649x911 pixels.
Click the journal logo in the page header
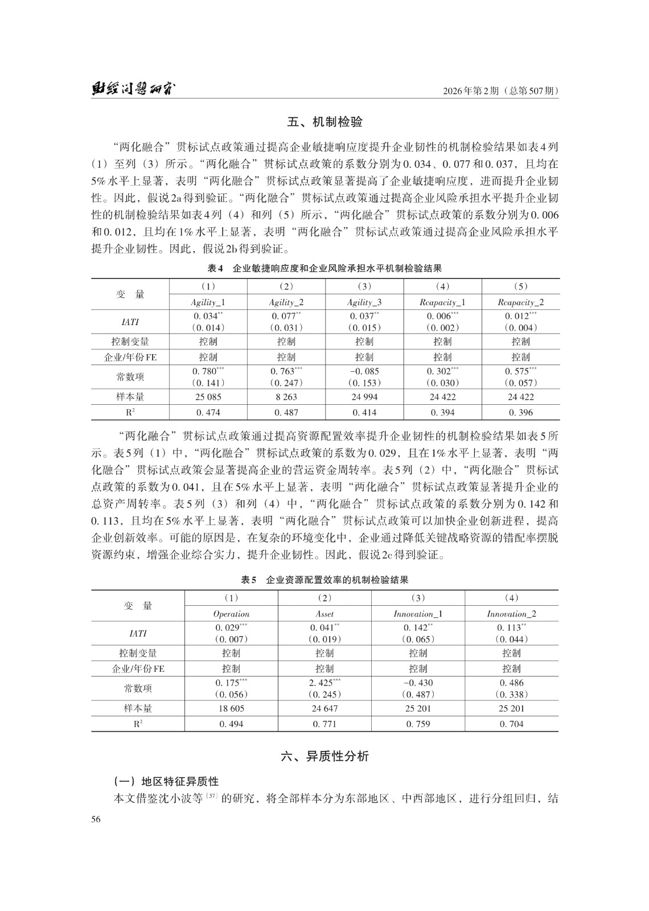[134, 89]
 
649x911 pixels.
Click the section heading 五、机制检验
[324, 122]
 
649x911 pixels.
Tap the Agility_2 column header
[286, 302]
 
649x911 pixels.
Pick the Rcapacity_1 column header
[442, 302]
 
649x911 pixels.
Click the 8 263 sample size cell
[286, 397]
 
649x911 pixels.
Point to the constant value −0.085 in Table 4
[364, 371]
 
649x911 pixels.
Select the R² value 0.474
[208, 412]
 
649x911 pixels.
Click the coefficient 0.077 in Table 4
[286, 315]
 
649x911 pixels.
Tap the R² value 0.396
[520, 412]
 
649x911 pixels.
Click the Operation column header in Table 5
[231, 614]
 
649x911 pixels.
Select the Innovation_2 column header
[511, 614]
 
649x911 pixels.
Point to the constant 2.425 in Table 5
[324, 682]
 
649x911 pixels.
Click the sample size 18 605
[231, 708]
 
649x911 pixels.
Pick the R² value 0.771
[324, 724]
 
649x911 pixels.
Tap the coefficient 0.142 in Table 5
[417, 627]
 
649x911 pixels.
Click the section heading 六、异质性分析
[324, 756]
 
